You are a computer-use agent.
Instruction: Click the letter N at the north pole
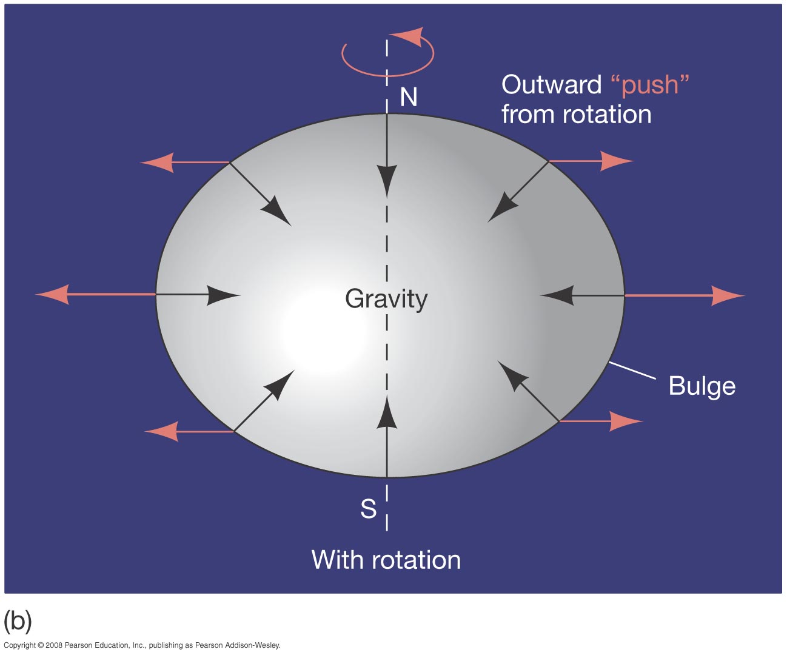pyautogui.click(x=409, y=97)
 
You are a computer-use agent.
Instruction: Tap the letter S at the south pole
pyautogui.click(x=369, y=509)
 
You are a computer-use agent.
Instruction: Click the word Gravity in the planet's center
pyautogui.click(x=386, y=299)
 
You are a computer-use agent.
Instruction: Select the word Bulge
pyautogui.click(x=702, y=386)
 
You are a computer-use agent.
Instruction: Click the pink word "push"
pyautogui.click(x=650, y=85)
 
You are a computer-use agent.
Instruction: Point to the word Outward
pyautogui.click(x=551, y=85)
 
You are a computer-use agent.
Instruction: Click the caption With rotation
pyautogui.click(x=386, y=560)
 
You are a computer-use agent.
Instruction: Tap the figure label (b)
pyautogui.click(x=18, y=620)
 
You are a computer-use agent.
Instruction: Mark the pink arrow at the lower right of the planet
pyautogui.click(x=600, y=421)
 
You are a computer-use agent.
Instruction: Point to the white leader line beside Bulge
pyautogui.click(x=632, y=371)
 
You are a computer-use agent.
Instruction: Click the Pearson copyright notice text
pyautogui.click(x=142, y=645)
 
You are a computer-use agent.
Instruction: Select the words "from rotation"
pyautogui.click(x=576, y=115)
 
